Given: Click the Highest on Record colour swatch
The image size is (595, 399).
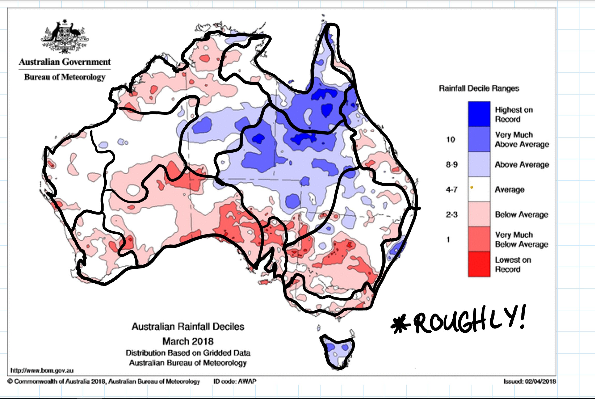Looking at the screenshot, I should click(x=479, y=114).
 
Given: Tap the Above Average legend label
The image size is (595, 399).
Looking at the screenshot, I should click(x=522, y=165).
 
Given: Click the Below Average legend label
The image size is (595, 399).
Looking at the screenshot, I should click(x=521, y=215).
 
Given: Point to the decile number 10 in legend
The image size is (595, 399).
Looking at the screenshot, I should click(x=451, y=140).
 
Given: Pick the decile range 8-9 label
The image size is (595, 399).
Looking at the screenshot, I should click(x=452, y=165).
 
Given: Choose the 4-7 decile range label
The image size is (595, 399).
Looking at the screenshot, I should click(x=452, y=190).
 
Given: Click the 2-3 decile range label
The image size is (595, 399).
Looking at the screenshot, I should click(x=452, y=215).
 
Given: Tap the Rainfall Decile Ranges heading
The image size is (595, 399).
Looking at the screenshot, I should click(x=479, y=88).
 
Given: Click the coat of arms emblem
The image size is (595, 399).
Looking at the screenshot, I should click(x=65, y=36).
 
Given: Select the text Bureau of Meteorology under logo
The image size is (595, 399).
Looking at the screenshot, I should click(x=65, y=77).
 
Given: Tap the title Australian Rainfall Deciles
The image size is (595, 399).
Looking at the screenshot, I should click(x=188, y=326).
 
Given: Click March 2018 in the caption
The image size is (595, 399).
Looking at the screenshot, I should click(x=188, y=341).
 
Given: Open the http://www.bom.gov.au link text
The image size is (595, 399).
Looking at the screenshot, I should click(x=42, y=370).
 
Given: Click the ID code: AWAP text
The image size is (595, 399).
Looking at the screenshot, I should click(x=235, y=381).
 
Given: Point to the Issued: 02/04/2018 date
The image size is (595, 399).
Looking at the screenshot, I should click(x=529, y=381).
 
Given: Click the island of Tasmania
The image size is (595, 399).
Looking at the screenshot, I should click(x=337, y=351).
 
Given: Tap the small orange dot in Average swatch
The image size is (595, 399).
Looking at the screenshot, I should click(x=471, y=187).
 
